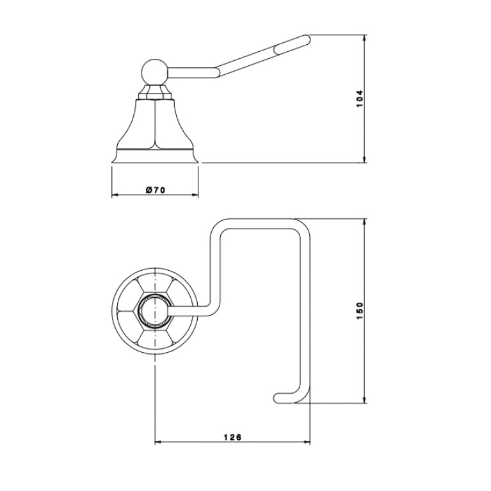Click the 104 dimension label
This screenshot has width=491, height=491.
coord(360,99)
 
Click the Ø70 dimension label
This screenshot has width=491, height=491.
coord(156,189)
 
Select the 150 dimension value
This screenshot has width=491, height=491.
coord(360,310)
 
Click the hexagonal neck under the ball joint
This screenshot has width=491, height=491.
coord(155,92)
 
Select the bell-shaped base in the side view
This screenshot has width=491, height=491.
coord(155,131)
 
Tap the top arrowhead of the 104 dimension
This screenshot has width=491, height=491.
coord(364,38)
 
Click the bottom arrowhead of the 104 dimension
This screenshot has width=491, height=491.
coord(364,159)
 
